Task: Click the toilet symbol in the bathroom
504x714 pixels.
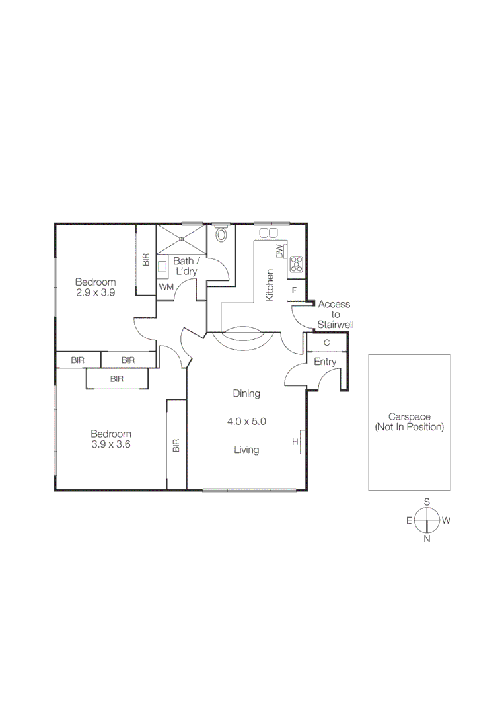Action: pyautogui.click(x=221, y=235)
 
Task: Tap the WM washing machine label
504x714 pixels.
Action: pyautogui.click(x=165, y=288)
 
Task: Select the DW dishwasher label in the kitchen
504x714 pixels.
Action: pyautogui.click(x=279, y=252)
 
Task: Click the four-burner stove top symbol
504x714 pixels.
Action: pyautogui.click(x=297, y=264)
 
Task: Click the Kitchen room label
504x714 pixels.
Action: pyautogui.click(x=270, y=286)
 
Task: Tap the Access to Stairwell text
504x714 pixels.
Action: pyautogui.click(x=334, y=315)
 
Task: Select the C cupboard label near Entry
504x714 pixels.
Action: pyautogui.click(x=326, y=343)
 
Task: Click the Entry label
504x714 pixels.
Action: pyautogui.click(x=325, y=362)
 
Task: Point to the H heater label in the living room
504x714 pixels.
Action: pyautogui.click(x=295, y=442)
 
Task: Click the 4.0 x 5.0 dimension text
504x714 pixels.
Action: pyautogui.click(x=246, y=421)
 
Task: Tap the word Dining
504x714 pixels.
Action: pyautogui.click(x=246, y=393)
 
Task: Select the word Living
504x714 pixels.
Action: pyautogui.click(x=246, y=450)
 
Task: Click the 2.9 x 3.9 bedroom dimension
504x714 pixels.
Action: pyautogui.click(x=95, y=292)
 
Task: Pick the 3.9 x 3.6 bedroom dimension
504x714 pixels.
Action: pyautogui.click(x=111, y=444)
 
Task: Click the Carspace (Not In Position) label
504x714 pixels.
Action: pyautogui.click(x=410, y=422)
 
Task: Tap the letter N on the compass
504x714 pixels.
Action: pyautogui.click(x=427, y=539)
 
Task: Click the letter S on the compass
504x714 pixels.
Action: pyautogui.click(x=427, y=502)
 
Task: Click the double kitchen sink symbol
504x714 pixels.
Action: pyautogui.click(x=268, y=233)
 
